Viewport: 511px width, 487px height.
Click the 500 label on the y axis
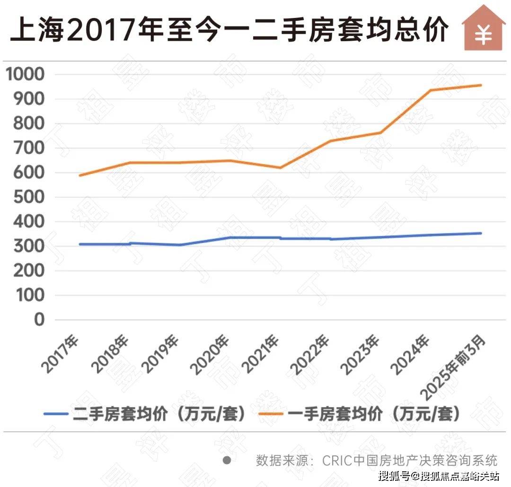28,197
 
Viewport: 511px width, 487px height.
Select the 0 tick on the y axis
39,320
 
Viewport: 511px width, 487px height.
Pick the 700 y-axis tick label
28,148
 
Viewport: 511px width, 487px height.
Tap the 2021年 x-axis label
262,354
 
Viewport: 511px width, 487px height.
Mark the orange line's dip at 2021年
281,168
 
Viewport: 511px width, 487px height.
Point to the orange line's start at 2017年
79,176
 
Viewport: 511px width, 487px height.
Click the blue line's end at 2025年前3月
481,233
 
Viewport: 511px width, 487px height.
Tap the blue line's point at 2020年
230,238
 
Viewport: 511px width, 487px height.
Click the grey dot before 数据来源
227,460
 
